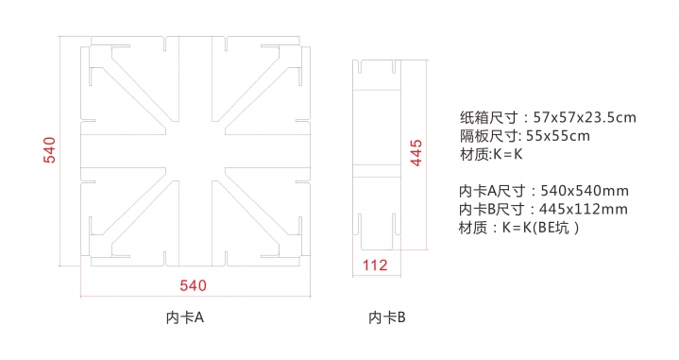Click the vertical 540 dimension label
(x=50, y=150)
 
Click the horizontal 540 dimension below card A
(x=194, y=285)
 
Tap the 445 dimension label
(x=416, y=152)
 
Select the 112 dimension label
(x=375, y=266)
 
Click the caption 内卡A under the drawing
(x=185, y=317)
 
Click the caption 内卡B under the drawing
(x=387, y=317)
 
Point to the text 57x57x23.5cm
(x=585, y=117)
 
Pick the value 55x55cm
(x=558, y=136)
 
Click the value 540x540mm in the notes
(x=585, y=191)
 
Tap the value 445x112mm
(x=584, y=209)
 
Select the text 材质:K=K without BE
(x=491, y=154)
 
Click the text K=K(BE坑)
(x=540, y=228)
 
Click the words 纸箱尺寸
(x=488, y=117)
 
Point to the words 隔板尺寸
(x=488, y=136)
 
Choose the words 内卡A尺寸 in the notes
(x=492, y=191)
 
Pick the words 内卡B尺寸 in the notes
(x=491, y=209)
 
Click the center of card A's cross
(x=195, y=151)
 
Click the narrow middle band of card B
(x=376, y=171)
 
